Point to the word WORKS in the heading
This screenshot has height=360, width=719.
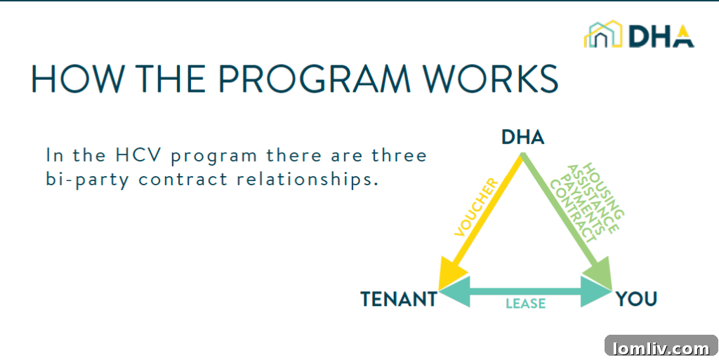pyautogui.click(x=491, y=79)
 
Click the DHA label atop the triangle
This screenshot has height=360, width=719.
pyautogui.click(x=522, y=137)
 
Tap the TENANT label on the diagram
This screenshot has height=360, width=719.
pyautogui.click(x=398, y=300)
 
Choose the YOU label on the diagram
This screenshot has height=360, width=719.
pyautogui.click(x=636, y=300)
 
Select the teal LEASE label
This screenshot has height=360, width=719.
pyautogui.click(x=526, y=304)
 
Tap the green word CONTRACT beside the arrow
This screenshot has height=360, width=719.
pyautogui.click(x=572, y=211)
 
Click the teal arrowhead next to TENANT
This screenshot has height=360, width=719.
pyautogui.click(x=454, y=291)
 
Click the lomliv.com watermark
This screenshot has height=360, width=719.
pyautogui.click(x=661, y=347)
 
